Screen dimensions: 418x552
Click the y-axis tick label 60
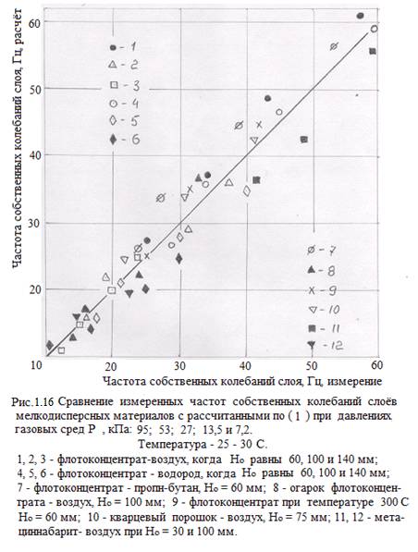[x=37, y=21]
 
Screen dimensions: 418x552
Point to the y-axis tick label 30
[x=37, y=223]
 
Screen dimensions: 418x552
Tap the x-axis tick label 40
[x=245, y=366]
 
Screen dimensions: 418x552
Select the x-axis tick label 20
[x=111, y=366]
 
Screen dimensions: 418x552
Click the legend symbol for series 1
[x=113, y=47]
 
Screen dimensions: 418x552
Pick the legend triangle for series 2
[x=113, y=65]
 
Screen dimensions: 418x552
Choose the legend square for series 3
[x=114, y=85]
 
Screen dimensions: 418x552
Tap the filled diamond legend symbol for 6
[x=113, y=140]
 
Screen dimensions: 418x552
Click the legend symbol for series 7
[x=312, y=250]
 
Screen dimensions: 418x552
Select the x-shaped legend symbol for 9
[x=312, y=290]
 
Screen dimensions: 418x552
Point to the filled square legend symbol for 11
[x=312, y=328]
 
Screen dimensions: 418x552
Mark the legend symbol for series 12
[x=312, y=345]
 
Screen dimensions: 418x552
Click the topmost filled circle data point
[x=361, y=16]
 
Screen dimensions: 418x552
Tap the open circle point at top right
[x=375, y=29]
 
